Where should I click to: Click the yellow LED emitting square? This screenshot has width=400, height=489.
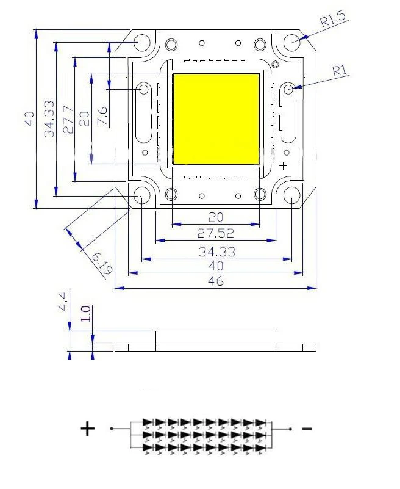(x=216, y=119)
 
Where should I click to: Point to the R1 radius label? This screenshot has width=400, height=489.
(x=340, y=70)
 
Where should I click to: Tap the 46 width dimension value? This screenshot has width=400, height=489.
(x=216, y=281)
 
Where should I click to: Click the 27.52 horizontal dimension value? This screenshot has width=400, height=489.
(x=216, y=233)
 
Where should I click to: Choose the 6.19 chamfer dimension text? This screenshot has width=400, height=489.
(x=102, y=264)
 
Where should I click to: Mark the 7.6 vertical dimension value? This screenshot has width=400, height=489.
(x=102, y=116)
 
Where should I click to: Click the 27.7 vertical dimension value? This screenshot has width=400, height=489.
(x=68, y=120)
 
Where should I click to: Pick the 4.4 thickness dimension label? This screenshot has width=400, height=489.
(x=62, y=301)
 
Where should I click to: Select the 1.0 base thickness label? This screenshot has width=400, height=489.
(x=85, y=314)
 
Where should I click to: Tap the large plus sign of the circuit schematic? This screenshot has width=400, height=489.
(x=88, y=429)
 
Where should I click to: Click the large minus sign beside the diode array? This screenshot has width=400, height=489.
(x=307, y=429)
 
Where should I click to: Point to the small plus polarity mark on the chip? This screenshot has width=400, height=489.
(x=283, y=166)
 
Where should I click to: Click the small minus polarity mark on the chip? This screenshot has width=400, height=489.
(x=150, y=167)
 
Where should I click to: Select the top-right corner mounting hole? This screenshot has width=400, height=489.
(x=292, y=42)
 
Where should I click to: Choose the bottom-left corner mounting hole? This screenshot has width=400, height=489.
(x=141, y=195)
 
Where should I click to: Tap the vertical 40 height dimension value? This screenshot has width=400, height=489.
(x=30, y=118)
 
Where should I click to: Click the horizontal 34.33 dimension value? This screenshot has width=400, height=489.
(x=217, y=252)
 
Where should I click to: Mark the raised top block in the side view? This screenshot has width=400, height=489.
(x=216, y=338)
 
